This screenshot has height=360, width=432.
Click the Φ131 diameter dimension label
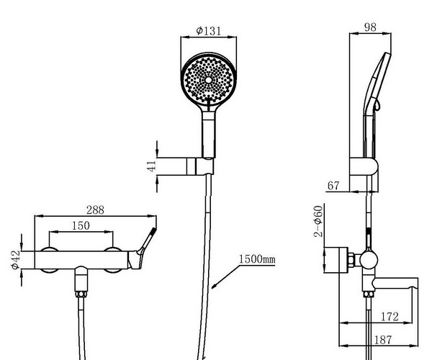coord(209,30)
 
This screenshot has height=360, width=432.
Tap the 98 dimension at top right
coord(370,27)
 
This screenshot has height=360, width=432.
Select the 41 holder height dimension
coord(151,166)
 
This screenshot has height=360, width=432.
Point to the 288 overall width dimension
coord(95,210)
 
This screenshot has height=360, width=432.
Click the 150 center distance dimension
coord(81,225)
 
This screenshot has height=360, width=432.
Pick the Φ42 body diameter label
coord(15,260)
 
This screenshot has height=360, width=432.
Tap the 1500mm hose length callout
coord(257,259)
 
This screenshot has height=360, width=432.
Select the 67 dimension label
coord(333,186)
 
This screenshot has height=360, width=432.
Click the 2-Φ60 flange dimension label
coord(318,221)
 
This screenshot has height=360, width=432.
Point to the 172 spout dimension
coord(390,317)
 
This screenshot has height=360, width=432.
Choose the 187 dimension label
coord(383,340)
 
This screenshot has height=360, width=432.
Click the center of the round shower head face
coord(209,80)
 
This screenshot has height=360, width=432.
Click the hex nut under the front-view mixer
coord(81,294)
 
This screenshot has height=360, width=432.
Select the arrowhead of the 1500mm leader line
coord(214,286)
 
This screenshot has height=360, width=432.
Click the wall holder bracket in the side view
coord(364,166)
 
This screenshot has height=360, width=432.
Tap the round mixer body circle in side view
coord(369,259)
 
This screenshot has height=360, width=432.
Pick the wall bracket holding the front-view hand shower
coord(200,166)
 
